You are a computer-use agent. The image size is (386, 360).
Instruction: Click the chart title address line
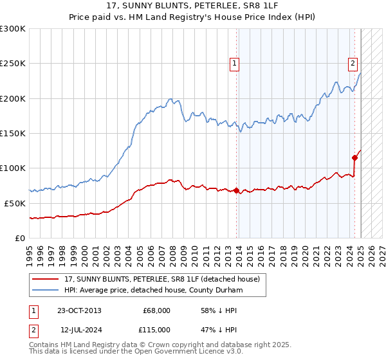click(193, 6)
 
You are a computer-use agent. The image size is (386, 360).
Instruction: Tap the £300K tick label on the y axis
click(13, 29)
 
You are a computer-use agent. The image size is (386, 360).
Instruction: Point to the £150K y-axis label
click(13, 133)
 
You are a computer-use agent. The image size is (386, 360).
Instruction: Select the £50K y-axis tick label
click(15, 203)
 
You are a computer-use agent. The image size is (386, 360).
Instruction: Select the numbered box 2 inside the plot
click(353, 63)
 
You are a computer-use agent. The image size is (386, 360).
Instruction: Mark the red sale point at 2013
click(236, 190)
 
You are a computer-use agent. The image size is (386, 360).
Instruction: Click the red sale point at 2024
click(354, 157)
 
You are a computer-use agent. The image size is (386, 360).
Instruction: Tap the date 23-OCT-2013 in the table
click(79, 310)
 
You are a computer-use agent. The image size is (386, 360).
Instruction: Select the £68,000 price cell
click(156, 310)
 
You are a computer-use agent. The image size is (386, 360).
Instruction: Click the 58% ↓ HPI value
click(219, 310)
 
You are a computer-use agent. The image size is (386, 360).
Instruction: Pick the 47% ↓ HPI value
click(219, 329)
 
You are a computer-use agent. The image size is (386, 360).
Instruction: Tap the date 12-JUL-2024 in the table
click(82, 329)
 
